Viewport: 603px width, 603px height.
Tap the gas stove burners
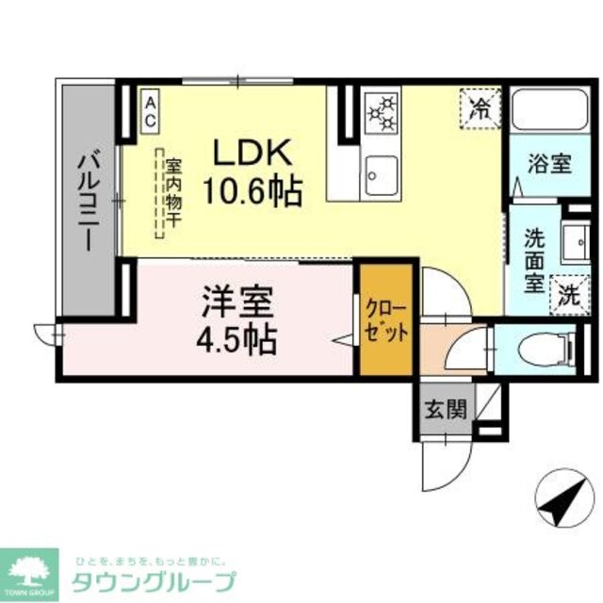[x=382, y=111]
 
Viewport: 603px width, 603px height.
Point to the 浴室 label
[x=547, y=163]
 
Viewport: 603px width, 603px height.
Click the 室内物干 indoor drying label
[x=173, y=193]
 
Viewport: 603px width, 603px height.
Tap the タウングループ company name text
[x=152, y=580]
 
